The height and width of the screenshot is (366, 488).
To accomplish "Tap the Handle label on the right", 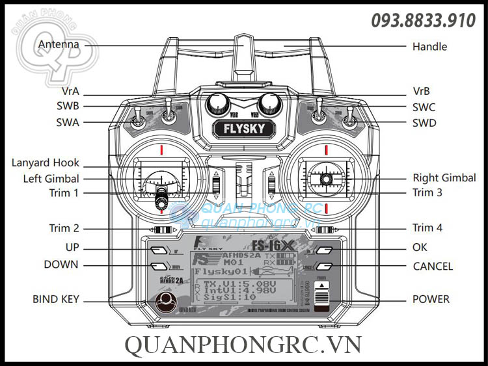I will [x=429, y=46].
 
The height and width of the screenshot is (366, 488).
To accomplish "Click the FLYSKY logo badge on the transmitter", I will [x=244, y=128].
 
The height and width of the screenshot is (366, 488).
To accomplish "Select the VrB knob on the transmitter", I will [x=269, y=104].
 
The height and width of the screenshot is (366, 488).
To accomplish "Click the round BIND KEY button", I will [x=166, y=300].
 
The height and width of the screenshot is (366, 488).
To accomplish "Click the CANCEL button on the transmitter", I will [x=325, y=266].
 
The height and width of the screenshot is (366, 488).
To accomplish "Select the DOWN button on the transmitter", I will [x=158, y=265].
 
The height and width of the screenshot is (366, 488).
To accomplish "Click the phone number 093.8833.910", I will [x=423, y=21].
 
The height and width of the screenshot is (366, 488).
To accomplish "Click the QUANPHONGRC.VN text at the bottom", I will [x=243, y=344].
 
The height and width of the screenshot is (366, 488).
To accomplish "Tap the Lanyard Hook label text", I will [x=45, y=163].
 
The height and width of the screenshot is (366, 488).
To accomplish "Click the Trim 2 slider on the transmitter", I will [x=162, y=229].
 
